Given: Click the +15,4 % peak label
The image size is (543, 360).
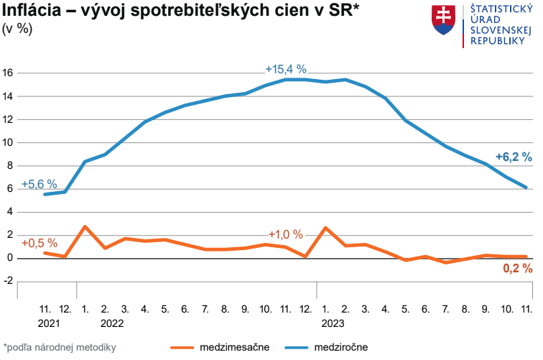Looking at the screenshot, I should pyautogui.click(x=286, y=70).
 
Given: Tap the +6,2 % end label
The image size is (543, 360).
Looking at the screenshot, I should pyautogui.click(x=514, y=157).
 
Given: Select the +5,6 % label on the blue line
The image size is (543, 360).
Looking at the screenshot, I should pyautogui.click(x=39, y=184).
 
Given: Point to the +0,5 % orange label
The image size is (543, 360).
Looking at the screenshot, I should pyautogui.click(x=39, y=242).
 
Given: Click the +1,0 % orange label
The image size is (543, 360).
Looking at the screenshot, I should pyautogui.click(x=286, y=235).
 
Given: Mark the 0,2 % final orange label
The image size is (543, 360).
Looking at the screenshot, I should pyautogui.click(x=517, y=268).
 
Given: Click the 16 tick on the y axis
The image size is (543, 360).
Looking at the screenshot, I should pyautogui.click(x=9, y=73).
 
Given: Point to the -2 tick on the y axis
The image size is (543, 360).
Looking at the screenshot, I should pyautogui.click(x=9, y=282).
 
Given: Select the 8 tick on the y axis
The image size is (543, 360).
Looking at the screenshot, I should pyautogui.click(x=11, y=166).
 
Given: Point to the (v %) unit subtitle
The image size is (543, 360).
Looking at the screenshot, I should pyautogui.click(x=18, y=29).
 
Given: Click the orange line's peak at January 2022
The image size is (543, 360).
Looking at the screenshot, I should pyautogui.click(x=85, y=227).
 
